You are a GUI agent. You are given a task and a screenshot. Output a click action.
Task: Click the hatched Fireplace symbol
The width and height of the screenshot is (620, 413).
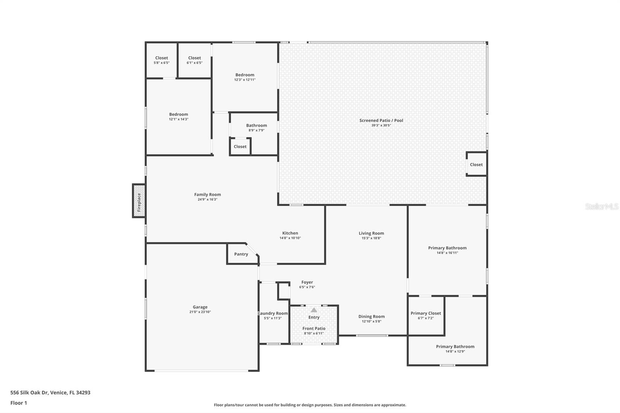[x=139, y=201]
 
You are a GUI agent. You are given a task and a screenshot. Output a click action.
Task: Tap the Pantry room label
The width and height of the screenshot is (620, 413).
[x=241, y=254]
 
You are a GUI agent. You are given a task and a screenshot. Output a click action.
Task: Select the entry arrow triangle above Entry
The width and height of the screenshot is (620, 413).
[x=314, y=310]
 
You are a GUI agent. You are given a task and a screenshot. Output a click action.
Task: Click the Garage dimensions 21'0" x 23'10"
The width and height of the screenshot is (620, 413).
[x=200, y=312]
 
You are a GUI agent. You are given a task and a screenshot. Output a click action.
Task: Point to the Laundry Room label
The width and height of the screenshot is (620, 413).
[x=273, y=313]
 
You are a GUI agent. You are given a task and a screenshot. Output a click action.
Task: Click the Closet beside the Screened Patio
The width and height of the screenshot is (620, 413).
[x=476, y=165]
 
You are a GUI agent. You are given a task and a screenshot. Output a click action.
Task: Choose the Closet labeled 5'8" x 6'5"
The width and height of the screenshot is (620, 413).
[x=162, y=60]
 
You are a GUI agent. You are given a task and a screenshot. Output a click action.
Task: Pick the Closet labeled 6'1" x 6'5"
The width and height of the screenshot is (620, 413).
[x=195, y=60]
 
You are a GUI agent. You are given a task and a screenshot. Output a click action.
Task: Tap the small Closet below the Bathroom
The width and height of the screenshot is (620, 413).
[x=240, y=146]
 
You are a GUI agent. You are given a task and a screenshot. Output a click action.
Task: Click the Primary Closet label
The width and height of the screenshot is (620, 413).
[x=425, y=313]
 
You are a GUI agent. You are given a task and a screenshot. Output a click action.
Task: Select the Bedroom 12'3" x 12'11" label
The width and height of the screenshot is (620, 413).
[x=245, y=75]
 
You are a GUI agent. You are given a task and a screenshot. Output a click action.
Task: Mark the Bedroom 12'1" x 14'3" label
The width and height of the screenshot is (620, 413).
[x=179, y=115]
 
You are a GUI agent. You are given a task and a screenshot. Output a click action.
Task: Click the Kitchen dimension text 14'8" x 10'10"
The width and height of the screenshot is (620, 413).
[x=290, y=238]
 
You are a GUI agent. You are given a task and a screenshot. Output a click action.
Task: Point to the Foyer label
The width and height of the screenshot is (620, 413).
[x=307, y=282]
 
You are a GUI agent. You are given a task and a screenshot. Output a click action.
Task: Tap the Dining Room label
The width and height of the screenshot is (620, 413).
[x=371, y=317]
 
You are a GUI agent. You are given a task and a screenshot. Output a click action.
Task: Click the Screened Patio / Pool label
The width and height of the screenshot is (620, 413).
[x=381, y=120]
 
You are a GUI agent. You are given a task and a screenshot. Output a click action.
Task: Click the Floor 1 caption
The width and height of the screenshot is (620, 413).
[x=19, y=403]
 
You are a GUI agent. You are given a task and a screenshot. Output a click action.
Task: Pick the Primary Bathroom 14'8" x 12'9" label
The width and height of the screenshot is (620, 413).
[x=455, y=347]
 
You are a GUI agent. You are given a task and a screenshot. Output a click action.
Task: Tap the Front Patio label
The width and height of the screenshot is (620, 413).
[x=314, y=329]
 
